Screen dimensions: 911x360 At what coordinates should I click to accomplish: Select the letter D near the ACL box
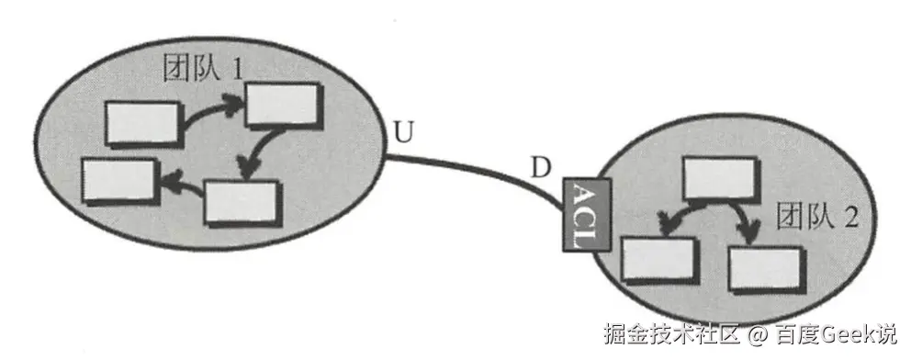[x=543, y=168]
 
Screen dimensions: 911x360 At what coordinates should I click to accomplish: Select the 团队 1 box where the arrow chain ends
[x=118, y=181]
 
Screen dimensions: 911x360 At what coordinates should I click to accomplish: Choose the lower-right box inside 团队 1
[x=240, y=201]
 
